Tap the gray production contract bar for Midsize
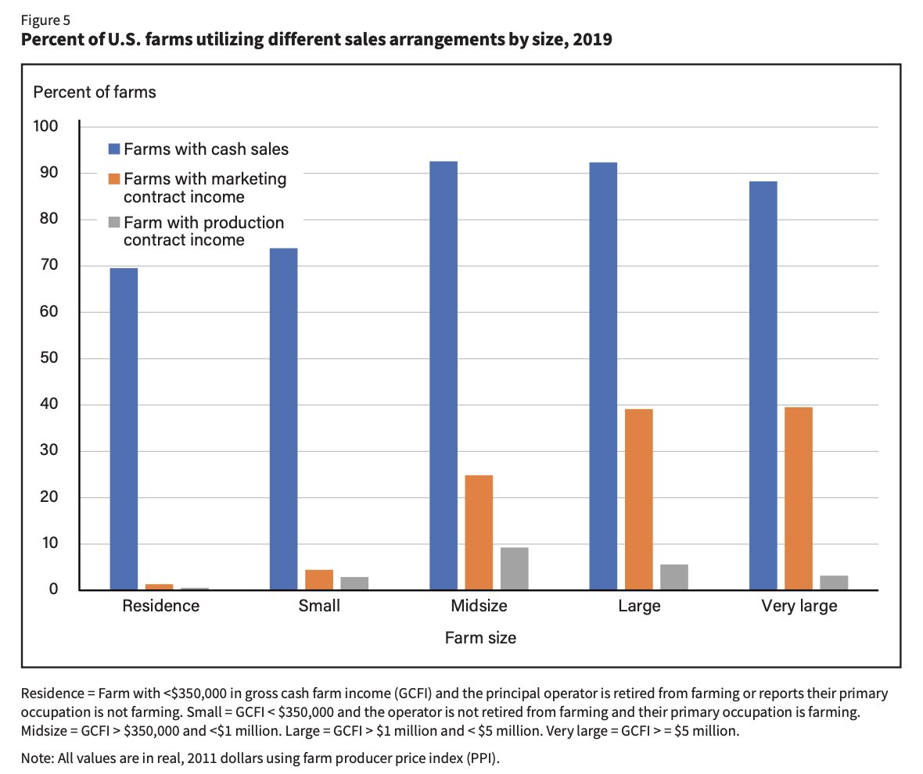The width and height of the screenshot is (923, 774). tap(515, 568)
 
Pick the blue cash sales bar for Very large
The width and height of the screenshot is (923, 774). tap(763, 385)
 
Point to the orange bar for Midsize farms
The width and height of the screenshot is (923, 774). tap(479, 532)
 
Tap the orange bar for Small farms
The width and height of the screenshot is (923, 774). tap(319, 579)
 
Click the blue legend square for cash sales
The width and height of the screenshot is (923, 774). tap(113, 149)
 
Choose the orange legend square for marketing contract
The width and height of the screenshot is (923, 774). tap(113, 179)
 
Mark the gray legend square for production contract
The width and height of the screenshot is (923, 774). tap(113, 224)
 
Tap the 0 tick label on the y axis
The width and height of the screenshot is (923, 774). tap(52, 589)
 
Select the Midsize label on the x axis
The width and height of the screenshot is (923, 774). tap(479, 606)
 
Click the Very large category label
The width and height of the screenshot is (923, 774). tap(798, 606)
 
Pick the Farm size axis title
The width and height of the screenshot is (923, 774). tap(480, 638)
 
